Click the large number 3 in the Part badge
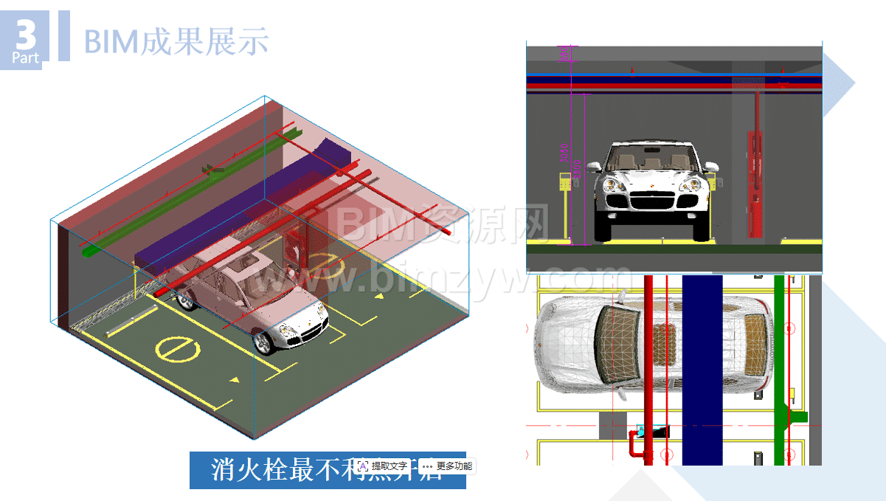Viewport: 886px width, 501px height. pos(25,33)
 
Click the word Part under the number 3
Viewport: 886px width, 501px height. pos(25,58)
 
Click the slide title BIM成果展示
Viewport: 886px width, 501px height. pos(176,41)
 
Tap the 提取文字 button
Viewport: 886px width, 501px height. pos(383,466)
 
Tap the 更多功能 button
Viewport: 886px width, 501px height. pos(447,466)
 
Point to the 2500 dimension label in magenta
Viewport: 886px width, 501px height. pos(578,168)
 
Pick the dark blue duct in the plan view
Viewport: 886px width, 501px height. pos(702,369)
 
